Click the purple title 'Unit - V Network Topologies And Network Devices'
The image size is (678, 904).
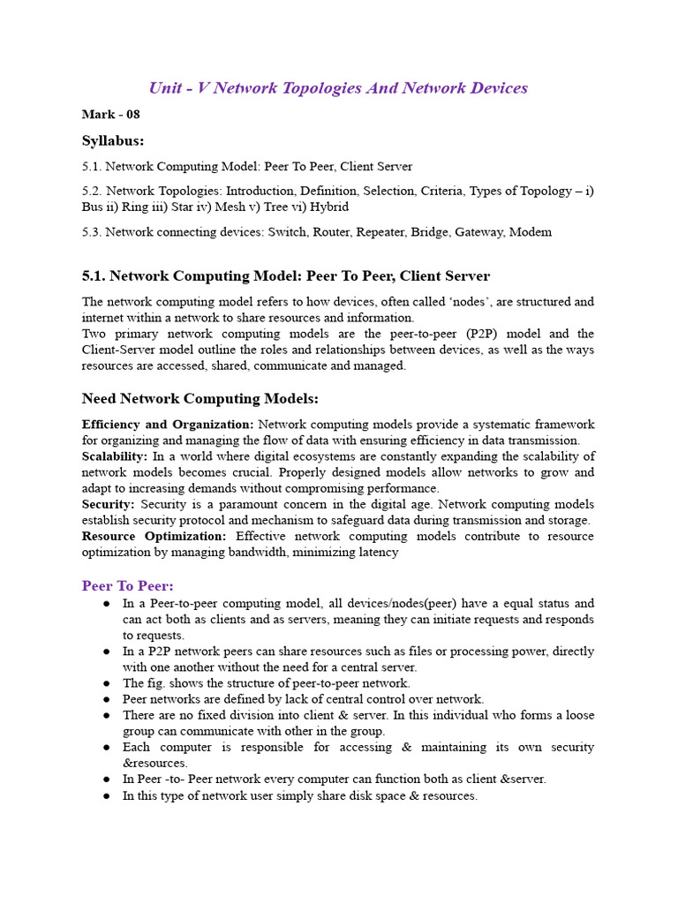click(338, 88)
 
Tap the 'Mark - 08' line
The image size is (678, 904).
click(110, 114)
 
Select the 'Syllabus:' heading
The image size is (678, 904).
click(113, 140)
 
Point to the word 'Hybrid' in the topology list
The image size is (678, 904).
click(329, 207)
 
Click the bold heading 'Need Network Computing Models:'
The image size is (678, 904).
click(200, 398)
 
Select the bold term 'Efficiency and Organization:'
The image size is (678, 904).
click(168, 425)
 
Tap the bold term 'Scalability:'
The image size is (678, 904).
click(115, 456)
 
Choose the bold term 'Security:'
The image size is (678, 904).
click(109, 504)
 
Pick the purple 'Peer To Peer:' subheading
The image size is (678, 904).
click(128, 585)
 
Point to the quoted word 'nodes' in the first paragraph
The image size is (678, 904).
click(468, 302)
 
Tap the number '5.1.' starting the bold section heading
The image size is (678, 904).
click(94, 276)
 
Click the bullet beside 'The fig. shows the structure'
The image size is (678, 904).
click(106, 683)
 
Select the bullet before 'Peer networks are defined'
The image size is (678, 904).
click(106, 699)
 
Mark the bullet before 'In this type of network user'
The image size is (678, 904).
click(106, 795)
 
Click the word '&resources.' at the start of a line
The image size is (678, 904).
click(155, 763)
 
